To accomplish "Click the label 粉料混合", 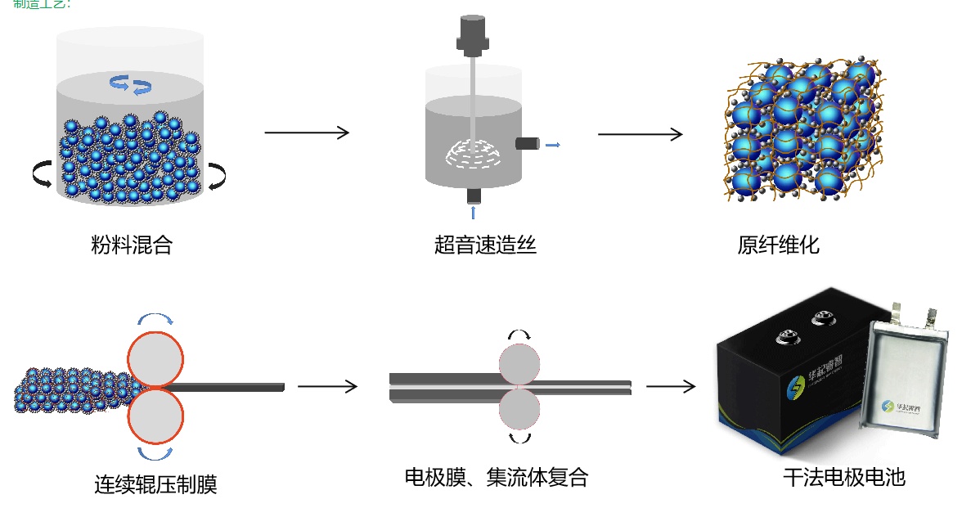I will [132, 245].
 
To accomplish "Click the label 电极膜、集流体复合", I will [497, 477].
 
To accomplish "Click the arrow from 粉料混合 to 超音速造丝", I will [307, 133].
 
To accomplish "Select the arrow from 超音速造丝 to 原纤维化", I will [640, 133].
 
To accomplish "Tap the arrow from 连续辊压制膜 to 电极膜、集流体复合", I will [327, 386].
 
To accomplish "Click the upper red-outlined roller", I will [155, 358].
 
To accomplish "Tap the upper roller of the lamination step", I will [519, 363].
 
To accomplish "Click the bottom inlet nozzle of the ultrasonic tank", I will [473, 196].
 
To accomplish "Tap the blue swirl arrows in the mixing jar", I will [131, 83].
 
